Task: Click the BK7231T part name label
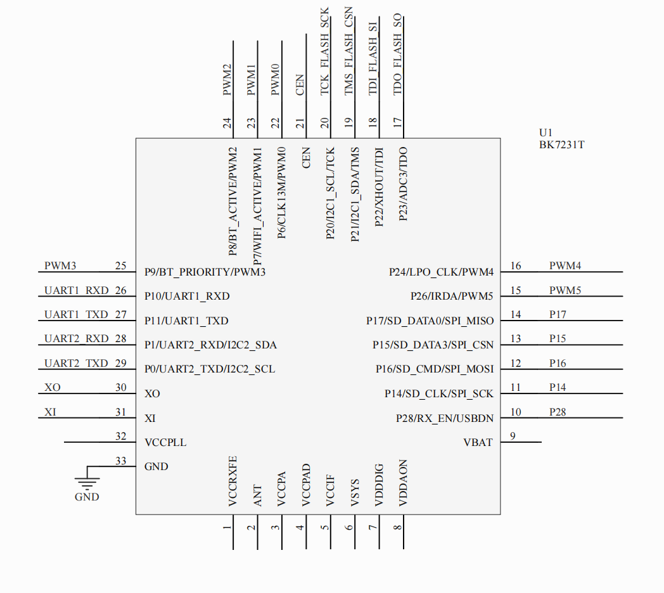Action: click(x=561, y=144)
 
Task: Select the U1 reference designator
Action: click(x=546, y=132)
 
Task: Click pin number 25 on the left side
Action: click(x=120, y=266)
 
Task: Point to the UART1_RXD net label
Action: click(x=68, y=291)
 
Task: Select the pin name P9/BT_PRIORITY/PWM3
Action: click(x=205, y=272)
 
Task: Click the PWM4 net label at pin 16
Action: click(x=565, y=266)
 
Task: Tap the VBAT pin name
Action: click(x=478, y=442)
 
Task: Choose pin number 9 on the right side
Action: click(x=513, y=435)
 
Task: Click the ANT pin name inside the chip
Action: click(x=257, y=495)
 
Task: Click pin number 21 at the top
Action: click(x=300, y=123)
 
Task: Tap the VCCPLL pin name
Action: click(x=165, y=442)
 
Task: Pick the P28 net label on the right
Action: click(x=558, y=412)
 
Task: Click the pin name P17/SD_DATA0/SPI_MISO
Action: click(x=430, y=321)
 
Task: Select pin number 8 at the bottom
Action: click(x=397, y=527)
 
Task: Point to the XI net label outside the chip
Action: click(x=50, y=412)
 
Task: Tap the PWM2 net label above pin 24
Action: click(x=227, y=79)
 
